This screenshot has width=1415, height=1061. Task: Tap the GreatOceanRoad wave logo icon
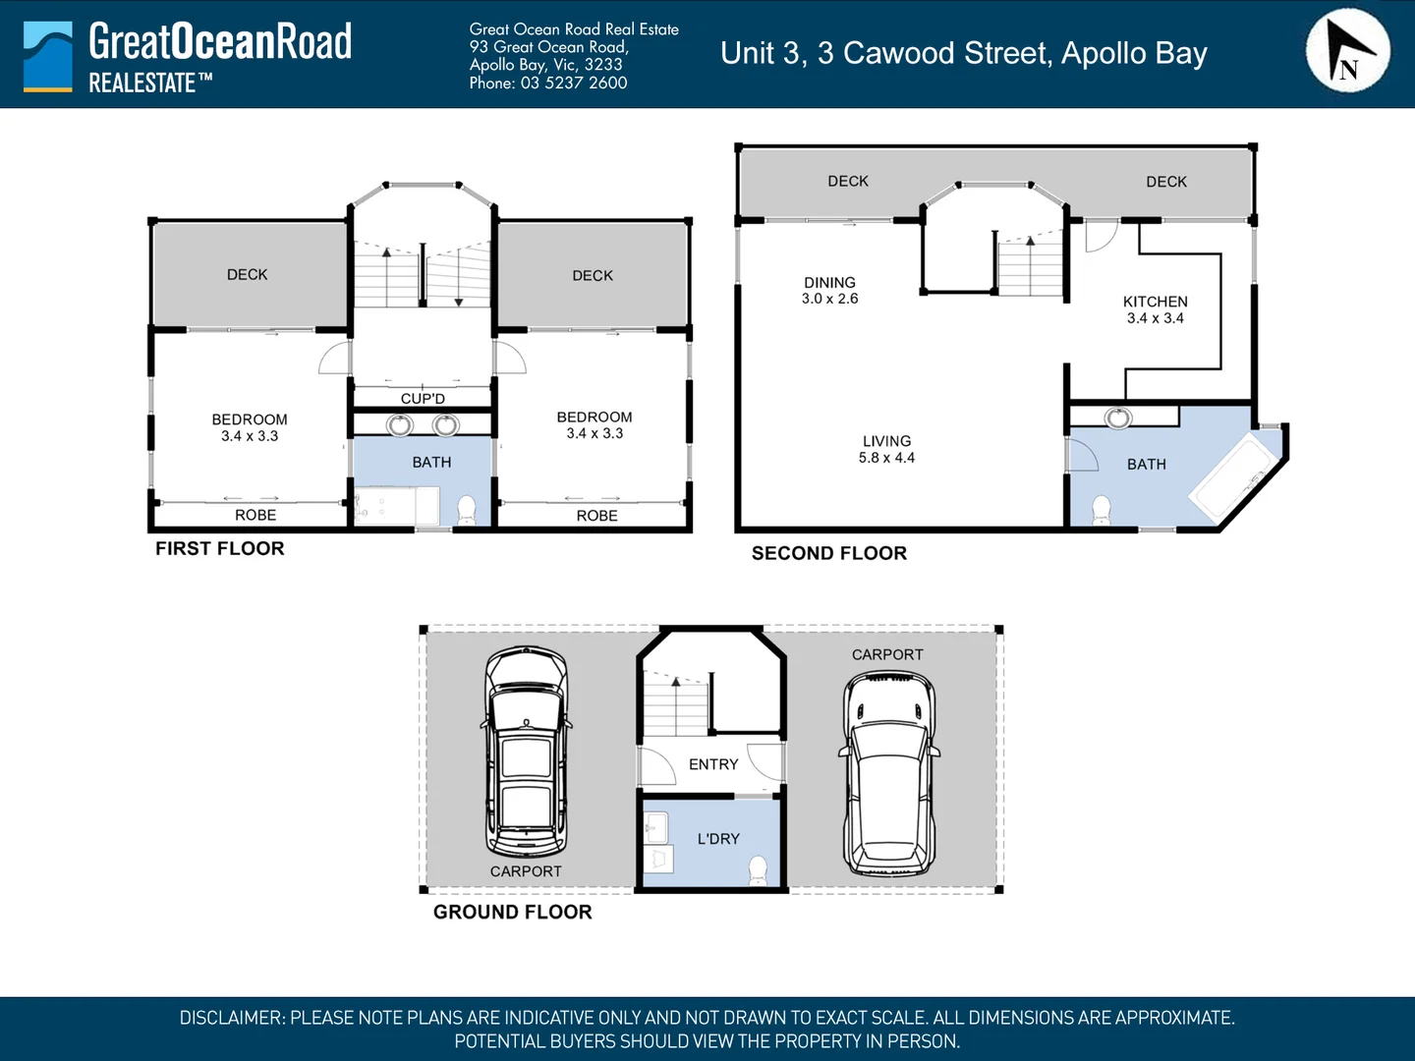click(47, 57)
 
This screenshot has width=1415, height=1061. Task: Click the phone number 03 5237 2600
click(574, 84)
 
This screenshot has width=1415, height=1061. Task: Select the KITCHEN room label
click(1155, 303)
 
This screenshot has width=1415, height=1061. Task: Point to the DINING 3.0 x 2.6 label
click(829, 291)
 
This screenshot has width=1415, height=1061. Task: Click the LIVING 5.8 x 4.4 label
click(886, 450)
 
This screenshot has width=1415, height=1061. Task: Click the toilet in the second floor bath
click(1102, 510)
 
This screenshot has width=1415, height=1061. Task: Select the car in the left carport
click(527, 752)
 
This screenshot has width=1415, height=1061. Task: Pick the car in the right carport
click(889, 773)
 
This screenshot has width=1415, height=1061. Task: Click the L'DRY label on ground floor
click(718, 839)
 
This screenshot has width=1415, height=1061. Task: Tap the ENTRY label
click(713, 764)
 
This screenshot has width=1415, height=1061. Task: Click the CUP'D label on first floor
click(423, 399)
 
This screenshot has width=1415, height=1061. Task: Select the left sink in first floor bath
click(400, 425)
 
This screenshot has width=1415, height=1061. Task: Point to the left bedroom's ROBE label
click(255, 516)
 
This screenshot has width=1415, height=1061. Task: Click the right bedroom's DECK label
click(593, 276)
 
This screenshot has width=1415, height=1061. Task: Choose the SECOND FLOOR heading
click(829, 554)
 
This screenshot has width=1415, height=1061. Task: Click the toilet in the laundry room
click(758, 869)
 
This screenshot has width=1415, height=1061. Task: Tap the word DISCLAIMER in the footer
click(232, 1019)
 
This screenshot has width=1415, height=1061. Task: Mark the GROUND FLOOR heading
click(513, 913)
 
